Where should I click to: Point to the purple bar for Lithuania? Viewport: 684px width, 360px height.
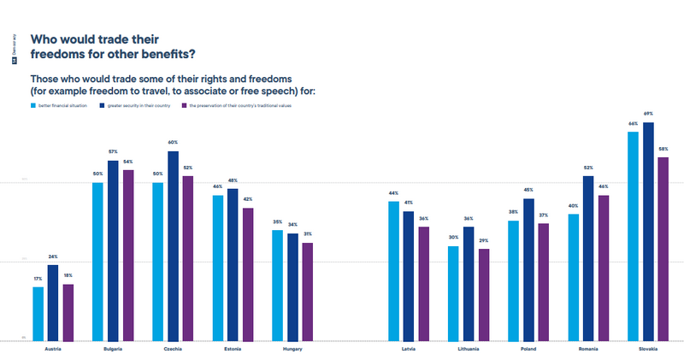tap(484, 294)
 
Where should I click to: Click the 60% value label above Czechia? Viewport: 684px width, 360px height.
tap(173, 142)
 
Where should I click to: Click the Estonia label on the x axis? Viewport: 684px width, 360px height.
tap(233, 349)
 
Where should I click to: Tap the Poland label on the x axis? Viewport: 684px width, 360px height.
tap(528, 349)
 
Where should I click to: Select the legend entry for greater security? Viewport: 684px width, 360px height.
tap(136, 105)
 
